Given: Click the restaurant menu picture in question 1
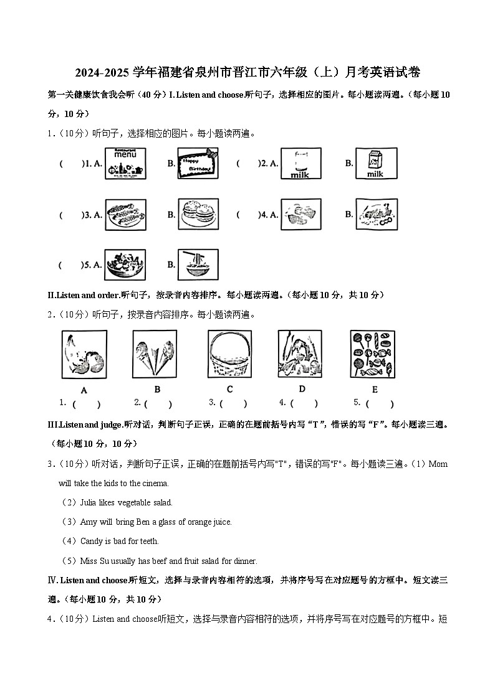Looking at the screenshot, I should click(125, 164).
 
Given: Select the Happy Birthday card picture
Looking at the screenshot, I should click(198, 164).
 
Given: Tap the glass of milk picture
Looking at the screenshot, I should click(300, 164).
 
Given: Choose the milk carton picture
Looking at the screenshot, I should click(375, 164).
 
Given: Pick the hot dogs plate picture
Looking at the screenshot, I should click(125, 215).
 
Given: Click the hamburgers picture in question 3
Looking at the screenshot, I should click(198, 215).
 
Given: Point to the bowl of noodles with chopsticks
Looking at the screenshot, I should click(198, 265).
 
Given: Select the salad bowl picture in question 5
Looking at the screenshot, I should click(125, 265).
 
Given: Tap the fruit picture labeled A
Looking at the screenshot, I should click(84, 354).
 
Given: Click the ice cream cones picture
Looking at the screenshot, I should click(155, 354).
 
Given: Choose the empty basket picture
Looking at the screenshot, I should click(229, 354).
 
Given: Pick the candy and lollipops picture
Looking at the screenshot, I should click(373, 354).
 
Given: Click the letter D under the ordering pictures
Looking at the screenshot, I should click(302, 389).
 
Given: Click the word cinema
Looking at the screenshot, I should click(155, 483).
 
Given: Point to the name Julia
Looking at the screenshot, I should click(90, 502).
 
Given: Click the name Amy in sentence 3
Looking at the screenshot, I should click(89, 522).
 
